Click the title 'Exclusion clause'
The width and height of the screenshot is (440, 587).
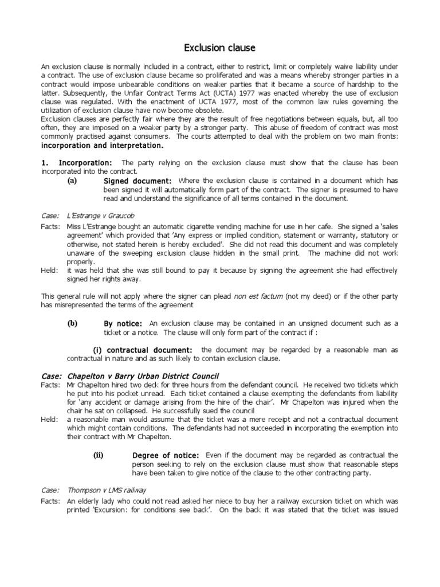[219, 48]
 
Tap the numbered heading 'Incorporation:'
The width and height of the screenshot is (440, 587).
[85, 163]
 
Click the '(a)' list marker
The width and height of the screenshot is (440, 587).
[72, 181]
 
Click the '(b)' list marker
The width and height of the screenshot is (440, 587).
[72, 323]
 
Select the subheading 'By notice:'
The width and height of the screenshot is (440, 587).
[123, 324]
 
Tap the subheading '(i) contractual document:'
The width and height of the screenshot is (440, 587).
[143, 350]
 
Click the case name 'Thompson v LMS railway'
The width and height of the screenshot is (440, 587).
[107, 490]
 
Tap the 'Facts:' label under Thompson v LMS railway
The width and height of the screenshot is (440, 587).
[50, 500]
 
